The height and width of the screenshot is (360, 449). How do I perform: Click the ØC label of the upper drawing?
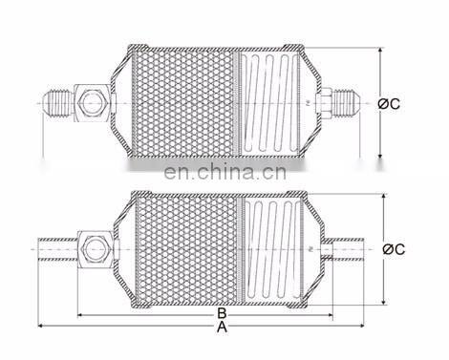coord(389,104)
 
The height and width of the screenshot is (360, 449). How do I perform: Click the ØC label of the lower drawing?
coord(394,249)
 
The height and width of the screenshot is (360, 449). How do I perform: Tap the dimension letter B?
coord(222,313)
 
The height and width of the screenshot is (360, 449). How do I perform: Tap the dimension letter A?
coord(222,327)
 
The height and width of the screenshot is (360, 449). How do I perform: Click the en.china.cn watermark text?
coord(225,172)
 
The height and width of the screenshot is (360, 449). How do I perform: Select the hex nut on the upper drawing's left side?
coord(92,103)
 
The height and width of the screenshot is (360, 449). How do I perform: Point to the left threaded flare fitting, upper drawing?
coord(58,103)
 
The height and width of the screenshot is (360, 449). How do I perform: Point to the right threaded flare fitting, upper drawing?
coord(347,102)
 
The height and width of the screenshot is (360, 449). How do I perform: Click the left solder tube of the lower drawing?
coord(57,249)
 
